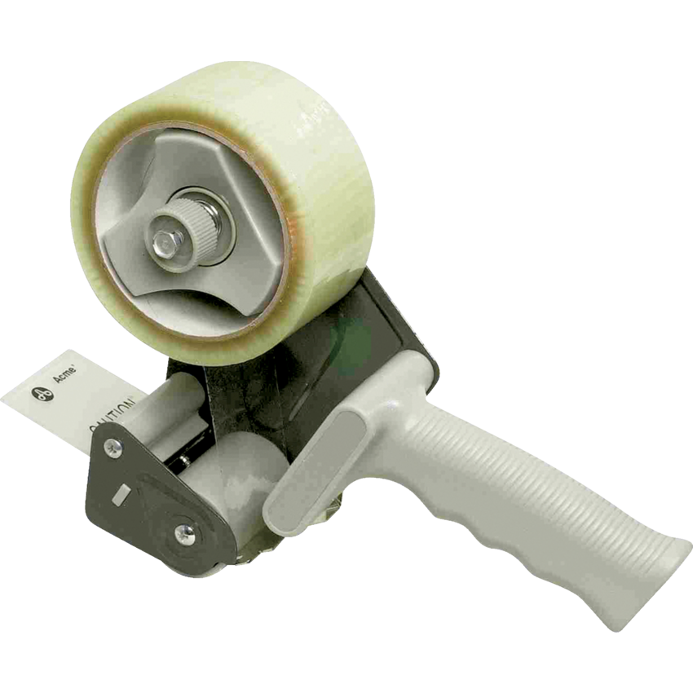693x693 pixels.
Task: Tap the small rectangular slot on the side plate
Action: pos(122,492)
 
